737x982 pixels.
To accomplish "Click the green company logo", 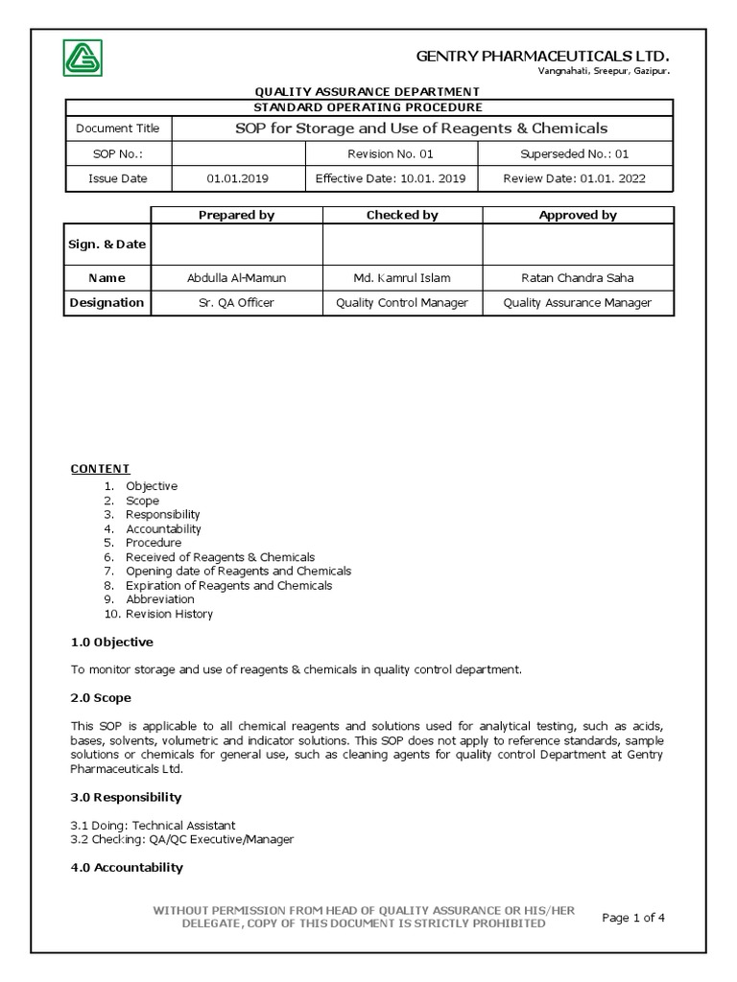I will coord(83,58).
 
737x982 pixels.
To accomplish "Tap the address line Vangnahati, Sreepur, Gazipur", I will coord(603,72).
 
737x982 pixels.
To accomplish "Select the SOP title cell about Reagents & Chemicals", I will coord(421,129).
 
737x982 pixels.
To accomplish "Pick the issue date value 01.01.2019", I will coord(239,178).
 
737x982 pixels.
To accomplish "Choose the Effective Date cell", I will coord(391,178).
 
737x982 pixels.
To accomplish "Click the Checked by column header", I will coord(402,215).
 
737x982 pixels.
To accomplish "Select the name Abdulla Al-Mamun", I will coord(237,278).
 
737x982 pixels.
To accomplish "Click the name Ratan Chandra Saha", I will coord(577,278).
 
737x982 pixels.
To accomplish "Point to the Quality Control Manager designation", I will coord(402,303).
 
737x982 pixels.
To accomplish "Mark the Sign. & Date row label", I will coord(107,245).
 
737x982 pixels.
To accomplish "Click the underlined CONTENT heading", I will coord(101,469).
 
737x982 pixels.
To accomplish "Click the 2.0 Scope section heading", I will coord(102,697).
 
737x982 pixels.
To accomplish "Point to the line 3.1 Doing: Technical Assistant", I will coord(154,825).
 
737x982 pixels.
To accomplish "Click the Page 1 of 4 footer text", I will coord(633,918).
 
